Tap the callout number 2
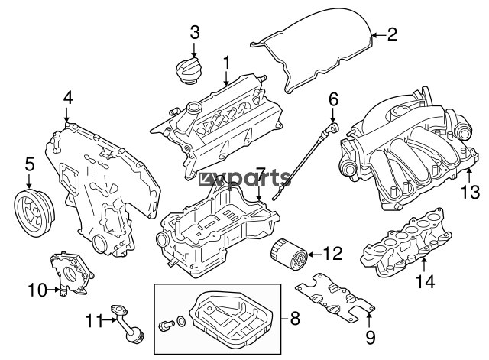(x=392, y=34)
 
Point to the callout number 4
(x=68, y=97)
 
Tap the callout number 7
(x=260, y=174)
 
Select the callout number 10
(x=36, y=290)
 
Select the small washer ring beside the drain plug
(x=180, y=321)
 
